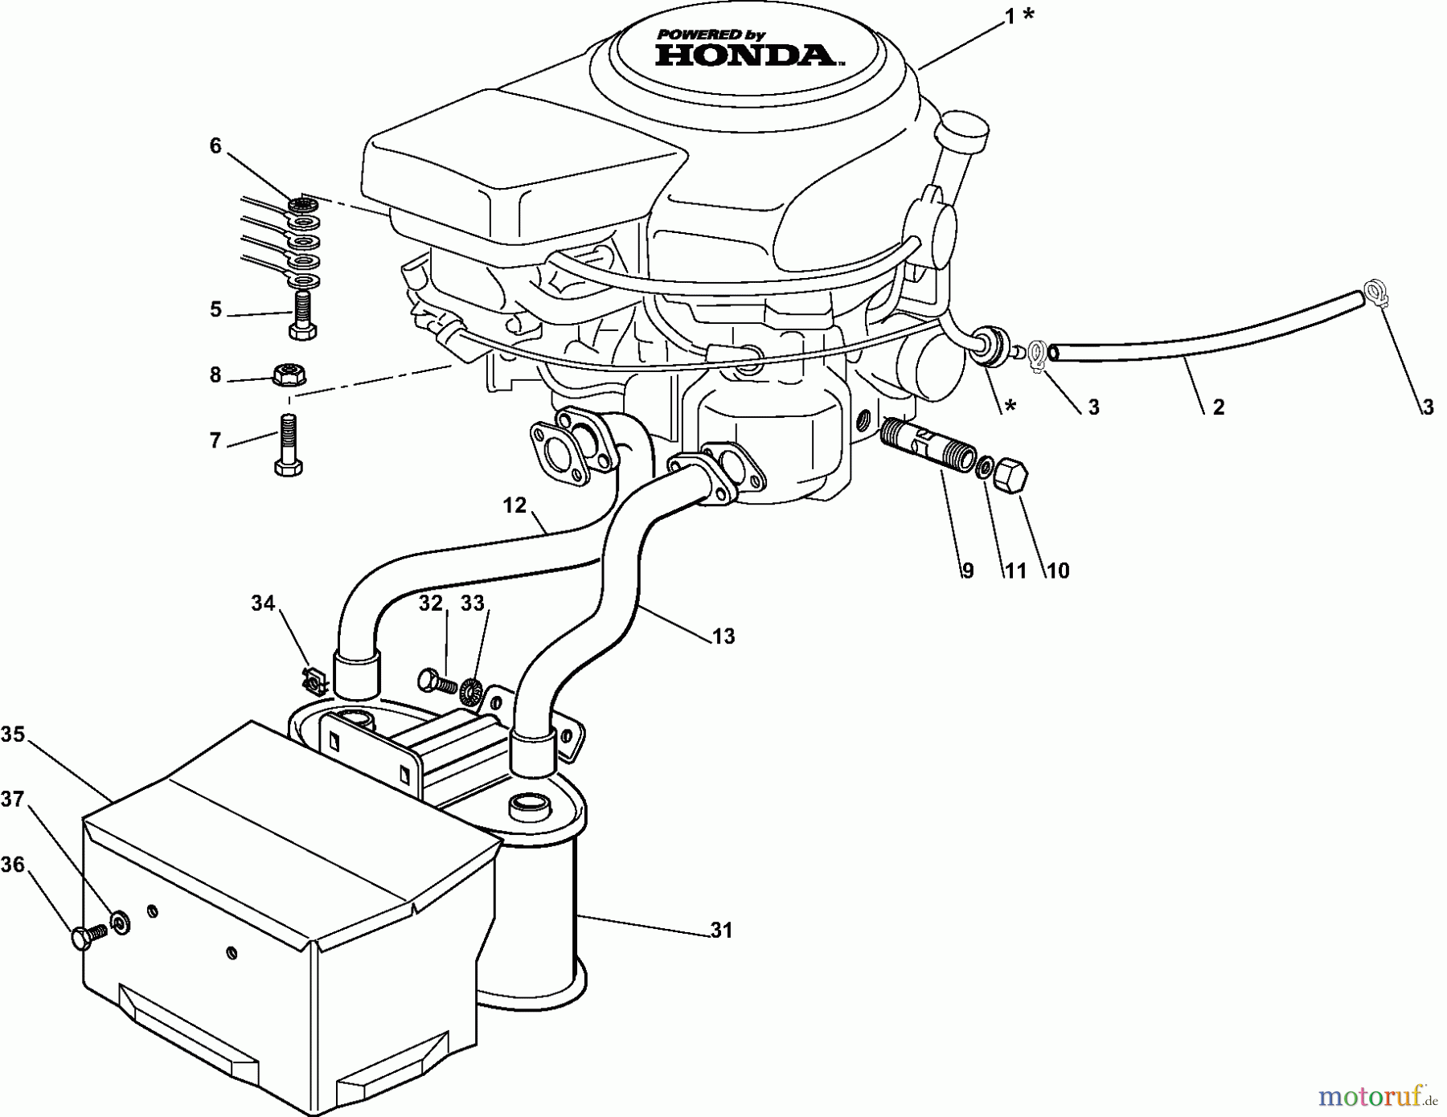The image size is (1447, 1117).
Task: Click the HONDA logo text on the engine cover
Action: click(744, 54)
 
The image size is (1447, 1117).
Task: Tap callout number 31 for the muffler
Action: click(721, 931)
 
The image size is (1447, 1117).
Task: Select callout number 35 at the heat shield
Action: click(13, 734)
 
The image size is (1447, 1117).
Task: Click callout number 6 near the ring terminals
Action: click(215, 146)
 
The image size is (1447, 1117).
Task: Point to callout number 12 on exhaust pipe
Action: click(514, 505)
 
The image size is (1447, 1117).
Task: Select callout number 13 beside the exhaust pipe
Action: click(723, 636)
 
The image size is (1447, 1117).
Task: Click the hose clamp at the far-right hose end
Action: click(1375, 296)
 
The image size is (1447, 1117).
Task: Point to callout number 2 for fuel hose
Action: click(1218, 407)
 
